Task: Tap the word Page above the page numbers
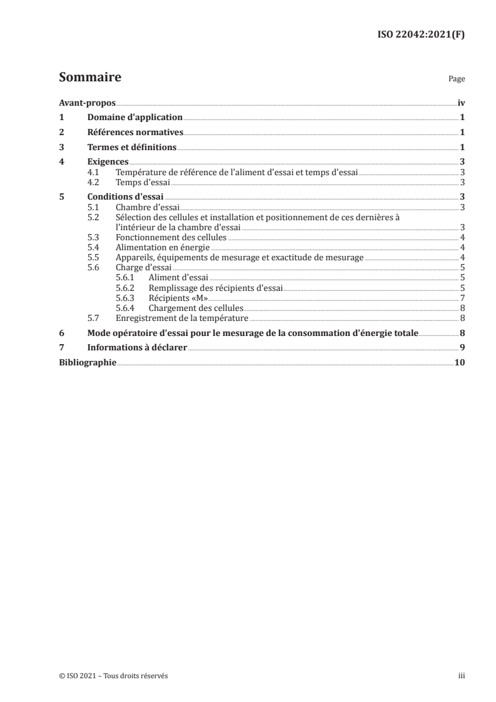tap(457, 80)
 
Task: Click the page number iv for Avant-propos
tap(461, 103)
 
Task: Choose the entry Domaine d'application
tap(135, 117)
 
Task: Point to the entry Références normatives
tap(135, 132)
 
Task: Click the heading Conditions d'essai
tap(125, 197)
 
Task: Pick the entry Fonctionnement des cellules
tap(171, 238)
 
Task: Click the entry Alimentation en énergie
tap(163, 248)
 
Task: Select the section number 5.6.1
tap(127, 277)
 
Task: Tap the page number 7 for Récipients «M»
tap(462, 298)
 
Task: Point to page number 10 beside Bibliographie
tap(460, 362)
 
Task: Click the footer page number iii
tap(462, 676)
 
